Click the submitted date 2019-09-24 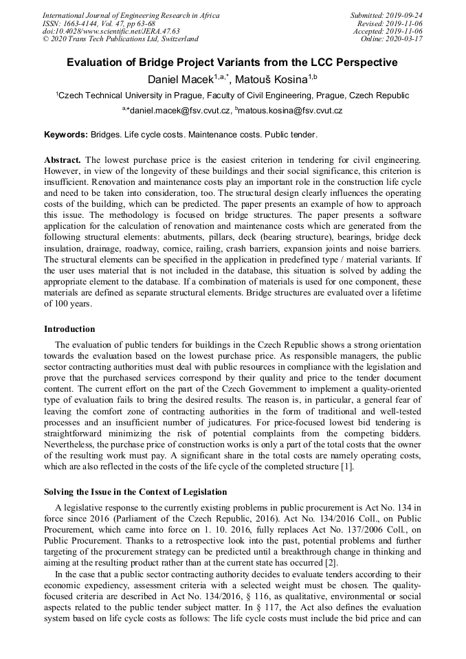[406, 15]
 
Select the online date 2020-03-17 [406, 40]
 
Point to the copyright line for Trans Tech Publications [120, 40]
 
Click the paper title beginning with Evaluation [232, 63]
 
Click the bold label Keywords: [66, 134]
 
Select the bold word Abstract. [63, 159]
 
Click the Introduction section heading [69, 329]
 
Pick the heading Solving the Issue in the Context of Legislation [135, 492]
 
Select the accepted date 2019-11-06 [406, 32]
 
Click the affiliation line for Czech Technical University [232, 96]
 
